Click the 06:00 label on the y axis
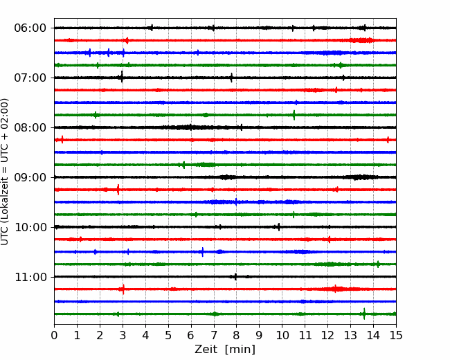(x=30, y=28)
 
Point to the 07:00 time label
(x=30, y=78)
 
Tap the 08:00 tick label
(x=30, y=127)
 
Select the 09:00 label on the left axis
(x=30, y=177)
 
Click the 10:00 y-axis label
(x=30, y=227)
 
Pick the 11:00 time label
(x=30, y=277)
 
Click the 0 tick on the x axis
(x=54, y=335)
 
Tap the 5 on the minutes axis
(x=168, y=335)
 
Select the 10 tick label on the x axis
(x=282, y=335)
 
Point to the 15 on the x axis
(x=396, y=335)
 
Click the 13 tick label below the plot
(x=350, y=335)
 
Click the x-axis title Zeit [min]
(x=225, y=349)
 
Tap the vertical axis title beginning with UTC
(x=5, y=172)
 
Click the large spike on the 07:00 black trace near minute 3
(x=122, y=77)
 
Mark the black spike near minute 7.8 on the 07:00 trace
(x=231, y=78)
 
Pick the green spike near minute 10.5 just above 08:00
(x=294, y=115)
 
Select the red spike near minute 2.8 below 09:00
(x=118, y=190)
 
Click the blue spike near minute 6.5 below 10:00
(x=203, y=252)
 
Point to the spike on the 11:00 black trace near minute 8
(x=235, y=277)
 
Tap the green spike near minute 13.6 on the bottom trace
(x=364, y=314)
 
